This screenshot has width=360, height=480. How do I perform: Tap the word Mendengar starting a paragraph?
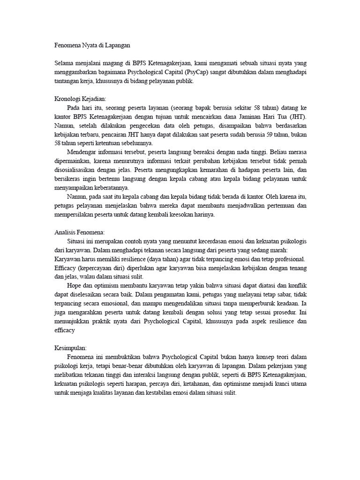83,152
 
